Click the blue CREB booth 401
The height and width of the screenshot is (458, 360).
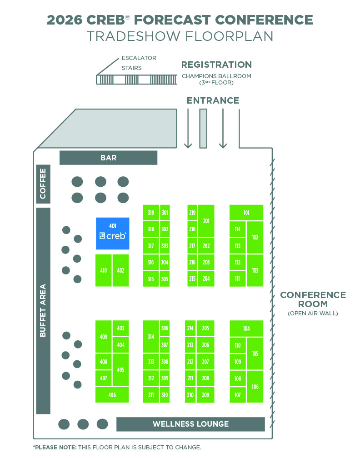[x=112, y=233]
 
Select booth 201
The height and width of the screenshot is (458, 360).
[x=206, y=221]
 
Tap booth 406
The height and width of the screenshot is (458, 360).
[x=112, y=395]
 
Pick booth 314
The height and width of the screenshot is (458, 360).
[x=151, y=337]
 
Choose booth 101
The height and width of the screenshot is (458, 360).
[x=246, y=213]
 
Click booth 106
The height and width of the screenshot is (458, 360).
[x=255, y=387]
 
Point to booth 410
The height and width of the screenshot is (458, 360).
[x=104, y=270]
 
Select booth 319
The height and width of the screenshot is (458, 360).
[x=151, y=213]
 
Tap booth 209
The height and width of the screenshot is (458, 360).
[x=205, y=395]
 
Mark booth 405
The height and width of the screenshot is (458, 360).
[x=120, y=370]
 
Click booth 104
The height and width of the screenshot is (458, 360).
[x=246, y=329]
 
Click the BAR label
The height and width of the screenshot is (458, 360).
[x=108, y=158]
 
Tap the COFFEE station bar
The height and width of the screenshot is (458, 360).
[x=43, y=184]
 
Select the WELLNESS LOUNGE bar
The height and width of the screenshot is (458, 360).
[x=190, y=424]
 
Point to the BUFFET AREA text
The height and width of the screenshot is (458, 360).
[x=43, y=310]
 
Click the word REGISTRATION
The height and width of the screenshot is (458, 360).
[x=216, y=65]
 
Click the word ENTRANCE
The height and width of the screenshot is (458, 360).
[x=213, y=100]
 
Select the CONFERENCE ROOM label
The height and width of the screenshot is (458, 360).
[x=313, y=299]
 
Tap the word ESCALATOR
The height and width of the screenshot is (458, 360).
[x=139, y=58]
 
